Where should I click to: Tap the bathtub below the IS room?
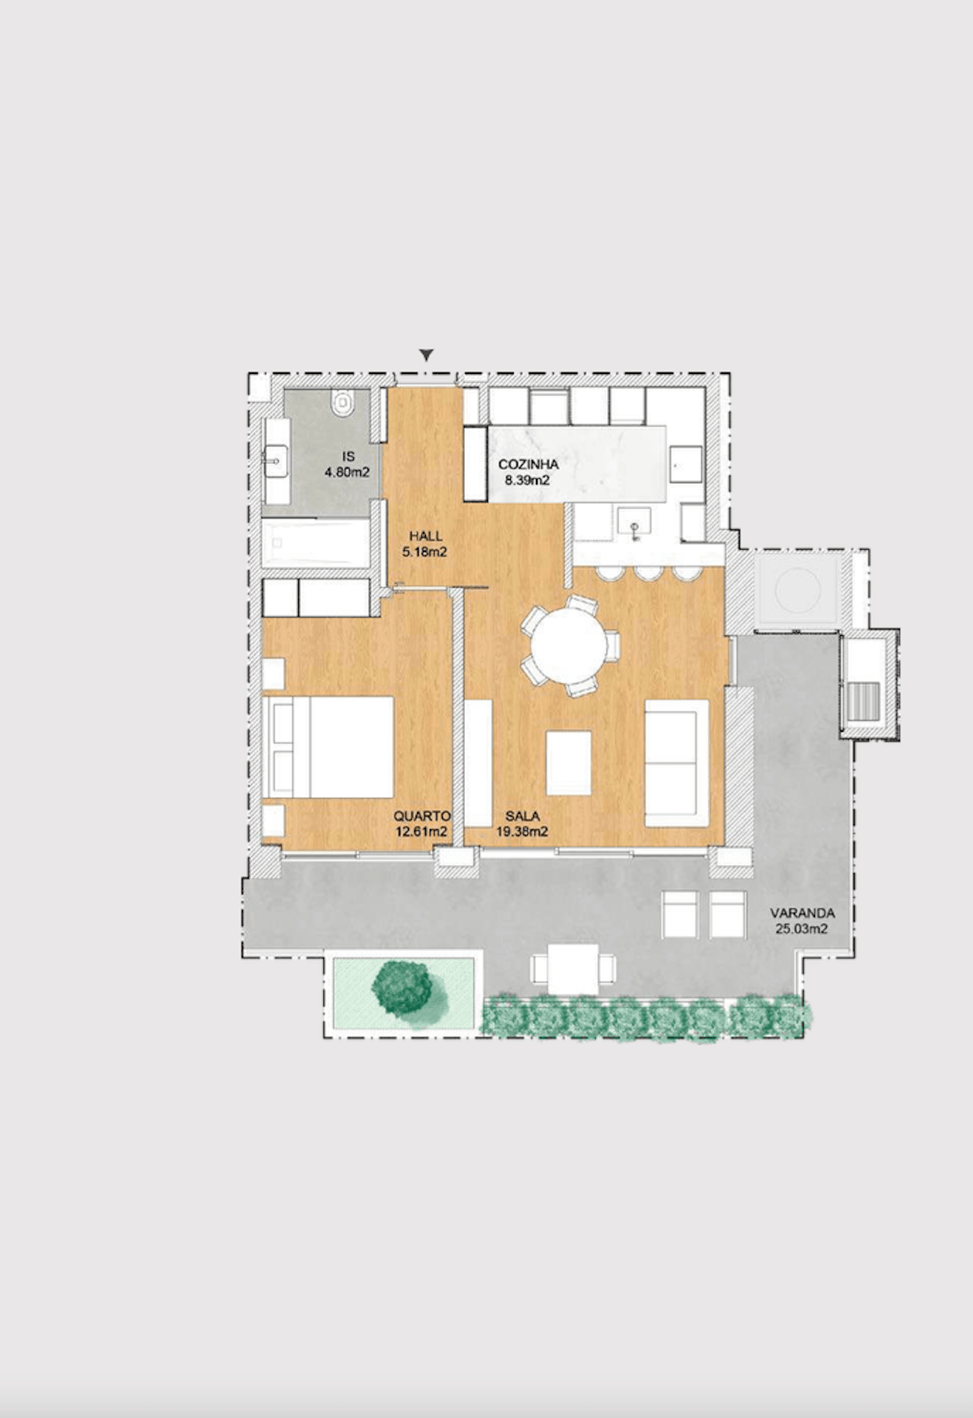316,543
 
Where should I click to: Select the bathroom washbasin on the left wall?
275,461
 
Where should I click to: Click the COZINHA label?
528,465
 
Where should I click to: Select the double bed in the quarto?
329,747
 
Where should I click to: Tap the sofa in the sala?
675,764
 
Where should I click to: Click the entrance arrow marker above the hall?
426,356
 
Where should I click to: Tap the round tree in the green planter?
402,987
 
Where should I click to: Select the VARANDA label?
802,913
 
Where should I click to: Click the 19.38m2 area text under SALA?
521,832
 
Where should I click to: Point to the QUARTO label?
422,816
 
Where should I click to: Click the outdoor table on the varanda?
574,969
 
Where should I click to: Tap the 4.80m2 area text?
347,472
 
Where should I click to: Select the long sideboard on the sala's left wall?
478,763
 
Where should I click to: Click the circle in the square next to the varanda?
797,591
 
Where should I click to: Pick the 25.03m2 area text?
801,929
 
